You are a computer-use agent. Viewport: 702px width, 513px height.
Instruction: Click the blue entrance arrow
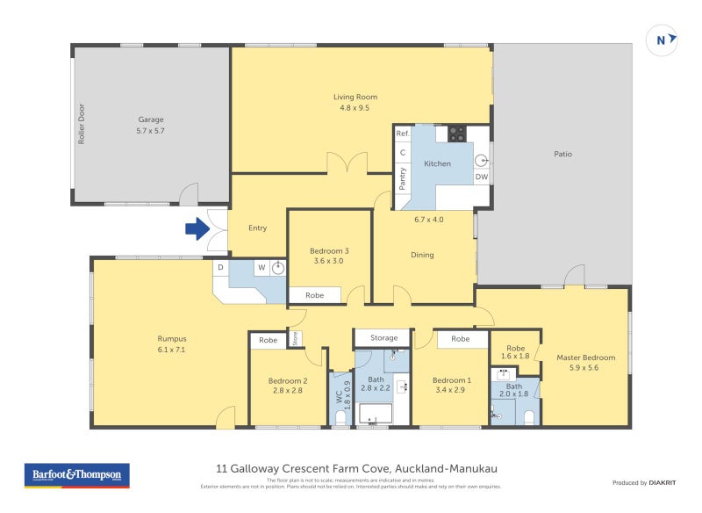pos(195,229)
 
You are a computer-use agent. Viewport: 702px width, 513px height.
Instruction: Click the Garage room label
pos(151,119)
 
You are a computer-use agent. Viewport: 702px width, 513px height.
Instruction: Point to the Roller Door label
pos(81,123)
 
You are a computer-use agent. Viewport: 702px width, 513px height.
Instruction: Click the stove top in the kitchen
pos(457,134)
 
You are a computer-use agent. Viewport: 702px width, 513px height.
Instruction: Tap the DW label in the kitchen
pos(481,177)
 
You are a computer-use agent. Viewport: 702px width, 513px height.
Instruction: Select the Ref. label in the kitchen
pos(403,134)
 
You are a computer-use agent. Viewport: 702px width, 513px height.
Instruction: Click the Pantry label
pos(403,178)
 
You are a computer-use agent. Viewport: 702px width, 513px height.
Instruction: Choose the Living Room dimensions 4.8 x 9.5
pos(355,109)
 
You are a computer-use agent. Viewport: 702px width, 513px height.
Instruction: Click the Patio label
pos(562,154)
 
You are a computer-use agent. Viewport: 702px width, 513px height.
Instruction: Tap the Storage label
pos(383,337)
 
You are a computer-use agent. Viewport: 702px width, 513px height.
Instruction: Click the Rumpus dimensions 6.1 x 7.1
pos(172,350)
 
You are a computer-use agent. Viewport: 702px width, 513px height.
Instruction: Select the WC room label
pos(338,395)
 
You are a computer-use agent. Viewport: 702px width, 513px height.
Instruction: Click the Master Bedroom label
pos(585,358)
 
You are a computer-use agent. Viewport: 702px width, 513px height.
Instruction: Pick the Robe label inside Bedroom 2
pos(268,340)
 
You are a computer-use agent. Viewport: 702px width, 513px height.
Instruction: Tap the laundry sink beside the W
pos(278,268)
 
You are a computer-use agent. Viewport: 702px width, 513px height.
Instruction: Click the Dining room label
pos(422,255)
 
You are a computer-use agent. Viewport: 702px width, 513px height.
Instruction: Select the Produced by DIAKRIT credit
pos(648,482)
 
